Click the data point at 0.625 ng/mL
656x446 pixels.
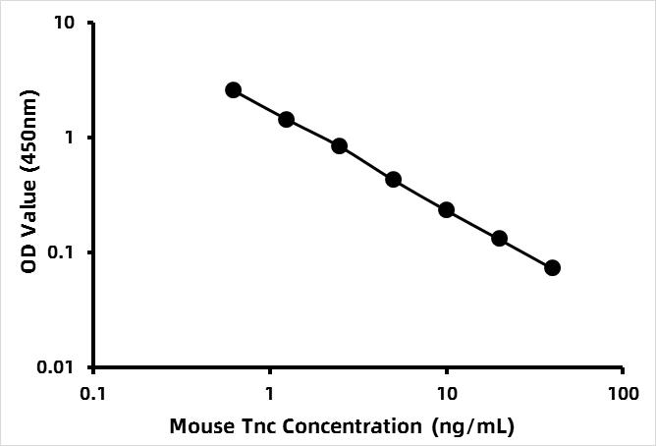pyautogui.click(x=233, y=89)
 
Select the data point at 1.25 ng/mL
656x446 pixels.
pyautogui.click(x=287, y=120)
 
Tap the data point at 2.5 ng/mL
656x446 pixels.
pyautogui.click(x=340, y=146)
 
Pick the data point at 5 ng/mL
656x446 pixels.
pyautogui.click(x=393, y=180)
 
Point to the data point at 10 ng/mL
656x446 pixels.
pyautogui.click(x=446, y=210)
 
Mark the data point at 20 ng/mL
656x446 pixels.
pyautogui.click(x=499, y=239)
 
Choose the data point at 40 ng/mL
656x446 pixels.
pyautogui.click(x=552, y=267)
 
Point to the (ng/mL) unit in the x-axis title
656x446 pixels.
pyautogui.click(x=472, y=427)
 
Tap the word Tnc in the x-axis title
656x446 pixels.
pyautogui.click(x=250, y=427)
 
